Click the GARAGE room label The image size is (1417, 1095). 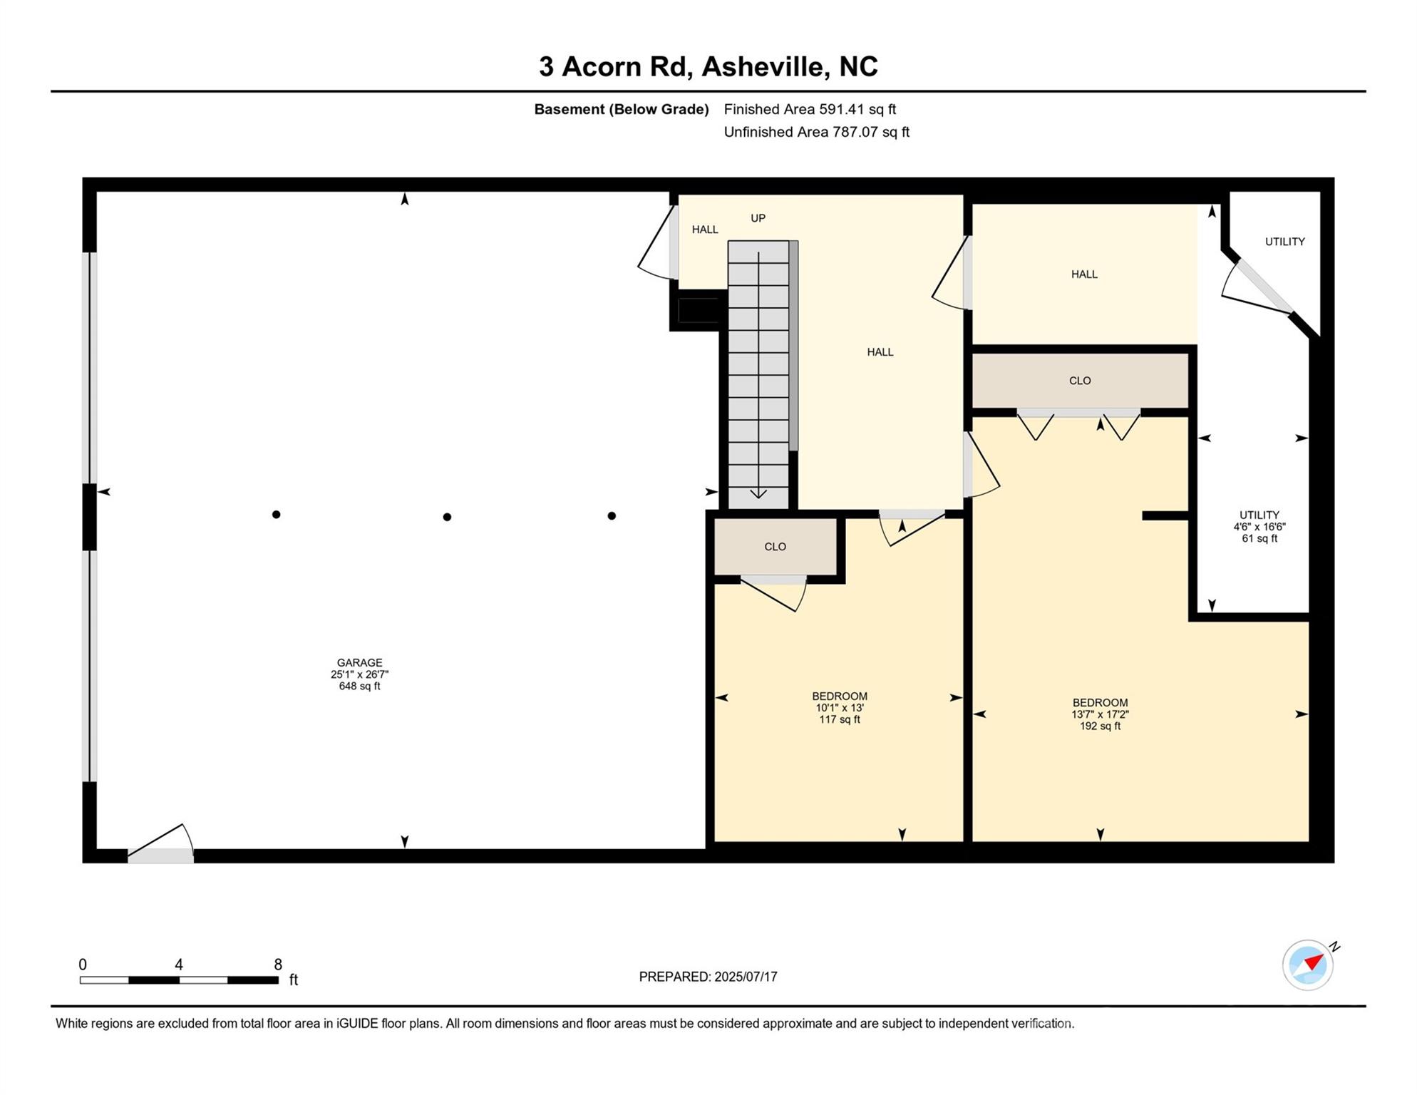click(359, 663)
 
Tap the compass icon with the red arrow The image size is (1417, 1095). click(1308, 965)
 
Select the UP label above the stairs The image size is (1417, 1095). click(758, 218)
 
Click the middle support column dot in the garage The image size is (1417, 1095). click(447, 517)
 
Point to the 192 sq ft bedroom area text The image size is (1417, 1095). click(1100, 726)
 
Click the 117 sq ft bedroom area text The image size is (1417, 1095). click(840, 720)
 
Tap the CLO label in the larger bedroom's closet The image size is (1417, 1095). click(1080, 381)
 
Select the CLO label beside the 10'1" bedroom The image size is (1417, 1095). click(775, 547)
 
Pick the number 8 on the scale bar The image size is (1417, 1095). click(278, 965)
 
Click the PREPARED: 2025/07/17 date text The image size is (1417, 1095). click(708, 977)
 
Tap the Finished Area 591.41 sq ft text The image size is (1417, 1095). click(810, 109)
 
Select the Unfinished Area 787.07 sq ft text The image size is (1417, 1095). click(816, 132)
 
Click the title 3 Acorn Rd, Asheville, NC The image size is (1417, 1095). click(708, 66)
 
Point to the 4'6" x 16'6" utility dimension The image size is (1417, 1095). click(1259, 527)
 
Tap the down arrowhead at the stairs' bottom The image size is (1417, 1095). click(758, 493)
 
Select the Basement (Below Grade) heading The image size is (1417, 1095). click(622, 109)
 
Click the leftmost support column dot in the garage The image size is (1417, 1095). click(276, 515)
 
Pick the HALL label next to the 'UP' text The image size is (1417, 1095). click(705, 230)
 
